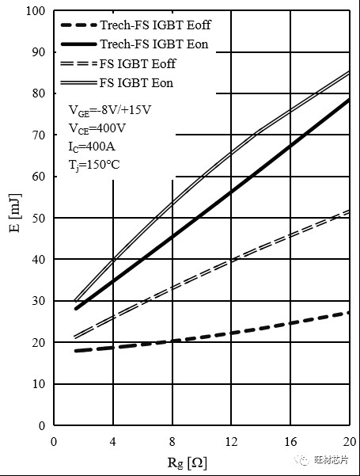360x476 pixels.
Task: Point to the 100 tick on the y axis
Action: point(36,11)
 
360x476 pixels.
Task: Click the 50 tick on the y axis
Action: point(39,219)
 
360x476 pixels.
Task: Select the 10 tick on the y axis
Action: point(39,384)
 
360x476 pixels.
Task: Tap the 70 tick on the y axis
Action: point(39,135)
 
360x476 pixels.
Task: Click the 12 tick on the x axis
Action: point(231,442)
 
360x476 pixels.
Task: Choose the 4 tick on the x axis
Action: point(113,442)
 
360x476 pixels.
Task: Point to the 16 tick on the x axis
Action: point(290,442)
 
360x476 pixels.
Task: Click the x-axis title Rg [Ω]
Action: point(188,463)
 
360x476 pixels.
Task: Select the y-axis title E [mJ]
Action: point(16,212)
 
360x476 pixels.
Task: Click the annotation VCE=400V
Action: point(97,129)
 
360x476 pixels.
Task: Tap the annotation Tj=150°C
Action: point(94,166)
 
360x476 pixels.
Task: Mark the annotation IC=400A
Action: point(92,147)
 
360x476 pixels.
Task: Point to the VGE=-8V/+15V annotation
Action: point(110,110)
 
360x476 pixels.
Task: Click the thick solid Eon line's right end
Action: point(349,99)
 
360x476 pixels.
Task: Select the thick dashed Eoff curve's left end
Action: point(76,351)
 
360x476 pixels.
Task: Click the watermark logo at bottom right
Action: point(322,460)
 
